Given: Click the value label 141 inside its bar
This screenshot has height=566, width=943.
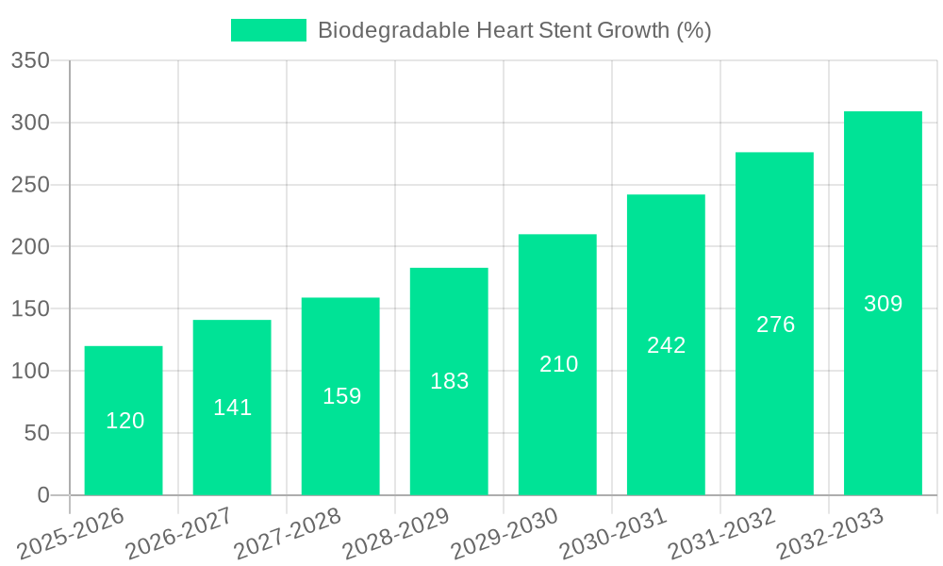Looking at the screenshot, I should click(232, 408).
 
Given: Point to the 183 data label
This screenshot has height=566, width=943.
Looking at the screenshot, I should click(449, 381).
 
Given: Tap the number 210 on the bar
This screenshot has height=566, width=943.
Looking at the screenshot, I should click(558, 364).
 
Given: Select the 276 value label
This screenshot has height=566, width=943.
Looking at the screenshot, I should click(775, 325).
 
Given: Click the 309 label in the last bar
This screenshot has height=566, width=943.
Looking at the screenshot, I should click(883, 304).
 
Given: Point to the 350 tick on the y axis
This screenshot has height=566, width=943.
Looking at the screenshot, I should click(30, 61).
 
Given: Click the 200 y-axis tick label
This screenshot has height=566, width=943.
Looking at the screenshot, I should click(30, 247).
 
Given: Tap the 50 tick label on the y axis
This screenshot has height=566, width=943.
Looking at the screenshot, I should click(37, 433).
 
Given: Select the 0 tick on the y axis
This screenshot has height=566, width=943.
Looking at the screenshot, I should click(43, 495).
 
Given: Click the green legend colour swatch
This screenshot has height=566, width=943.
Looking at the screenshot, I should click(269, 30).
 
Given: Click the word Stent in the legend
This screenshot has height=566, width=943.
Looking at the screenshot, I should click(564, 30).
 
